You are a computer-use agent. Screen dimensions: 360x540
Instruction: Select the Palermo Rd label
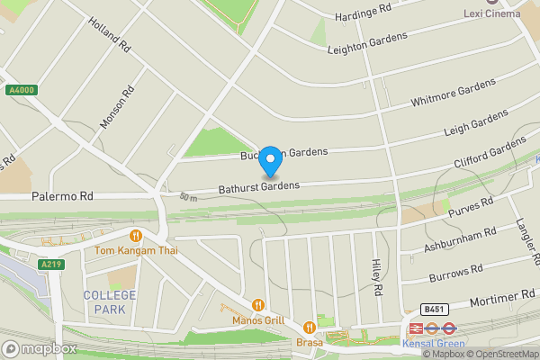62,195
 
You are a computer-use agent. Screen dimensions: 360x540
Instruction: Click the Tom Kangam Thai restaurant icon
136,236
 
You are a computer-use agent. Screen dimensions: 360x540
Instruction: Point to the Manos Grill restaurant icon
258,305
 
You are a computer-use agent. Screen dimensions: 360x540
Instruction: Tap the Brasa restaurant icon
310,328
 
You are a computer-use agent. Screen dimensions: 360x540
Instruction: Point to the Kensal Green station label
433,343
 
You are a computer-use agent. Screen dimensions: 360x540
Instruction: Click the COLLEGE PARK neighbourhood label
110,302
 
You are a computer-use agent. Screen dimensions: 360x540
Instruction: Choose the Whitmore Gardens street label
453,92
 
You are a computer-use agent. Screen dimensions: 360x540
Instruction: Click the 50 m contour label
188,197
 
